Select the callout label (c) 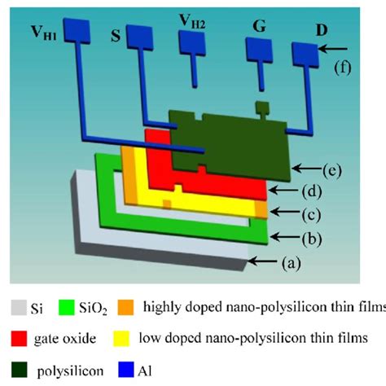(x=314, y=215)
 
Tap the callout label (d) (x=309, y=191)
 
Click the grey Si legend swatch (x=17, y=307)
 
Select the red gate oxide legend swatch (x=17, y=336)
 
